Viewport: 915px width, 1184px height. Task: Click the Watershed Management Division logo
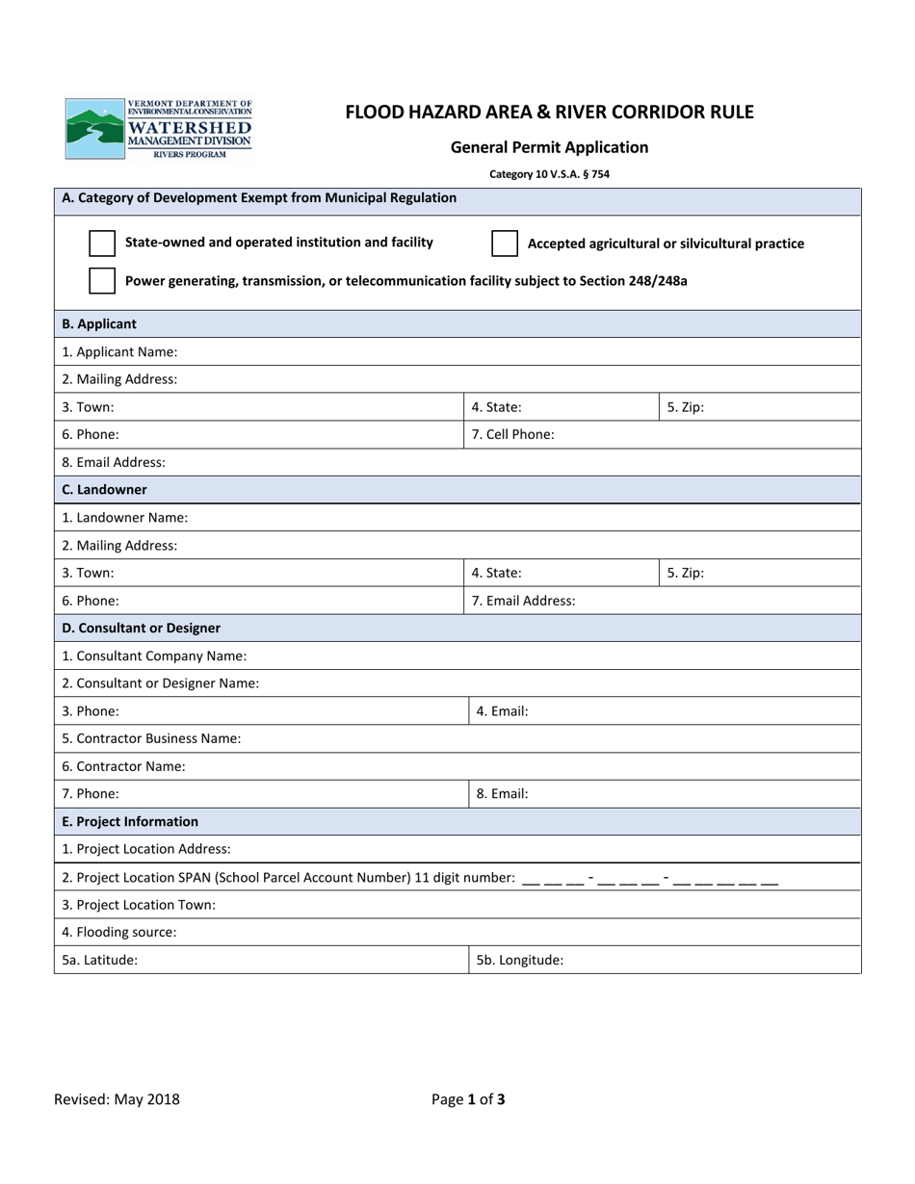click(x=159, y=129)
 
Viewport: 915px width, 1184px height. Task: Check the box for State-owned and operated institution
click(x=102, y=243)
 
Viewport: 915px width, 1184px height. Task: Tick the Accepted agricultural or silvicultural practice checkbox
click(x=505, y=244)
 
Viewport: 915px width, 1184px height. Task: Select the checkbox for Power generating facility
click(x=102, y=281)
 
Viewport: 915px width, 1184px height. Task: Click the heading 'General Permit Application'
click(x=549, y=147)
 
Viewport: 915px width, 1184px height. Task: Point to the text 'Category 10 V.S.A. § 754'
click(x=549, y=174)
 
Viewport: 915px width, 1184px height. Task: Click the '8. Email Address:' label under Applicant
click(x=114, y=462)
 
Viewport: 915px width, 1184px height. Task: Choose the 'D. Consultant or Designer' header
click(x=141, y=629)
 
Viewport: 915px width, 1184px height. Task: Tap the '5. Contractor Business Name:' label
click(x=151, y=739)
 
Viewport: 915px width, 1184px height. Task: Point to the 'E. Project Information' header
click(x=130, y=822)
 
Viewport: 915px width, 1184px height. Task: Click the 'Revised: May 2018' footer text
click(x=117, y=1099)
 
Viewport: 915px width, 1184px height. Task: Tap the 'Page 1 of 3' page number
click(x=468, y=1099)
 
